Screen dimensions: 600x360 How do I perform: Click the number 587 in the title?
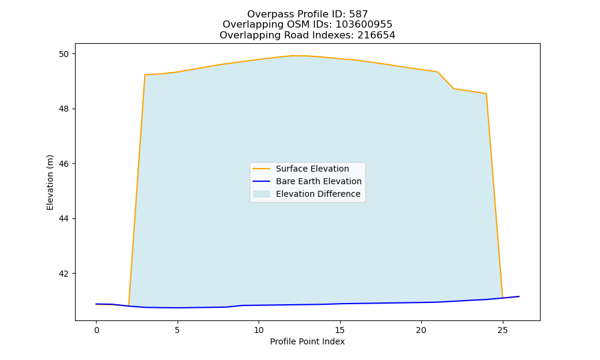pos(358,14)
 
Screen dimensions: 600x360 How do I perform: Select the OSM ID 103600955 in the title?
pos(364,25)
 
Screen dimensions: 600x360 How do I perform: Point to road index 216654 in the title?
pos(376,35)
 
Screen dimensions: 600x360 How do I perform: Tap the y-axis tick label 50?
pos(64,54)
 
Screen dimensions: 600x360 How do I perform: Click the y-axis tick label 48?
pos(64,109)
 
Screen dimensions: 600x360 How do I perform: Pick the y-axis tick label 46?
pos(64,164)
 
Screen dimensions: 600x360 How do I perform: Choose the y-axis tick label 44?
pos(64,219)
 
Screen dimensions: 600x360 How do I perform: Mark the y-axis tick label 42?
pos(64,274)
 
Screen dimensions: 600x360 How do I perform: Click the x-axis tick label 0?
pos(97,330)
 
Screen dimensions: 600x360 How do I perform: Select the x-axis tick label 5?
pos(177,330)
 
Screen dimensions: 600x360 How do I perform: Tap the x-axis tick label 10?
pos(259,330)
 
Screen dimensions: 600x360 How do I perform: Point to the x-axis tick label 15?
pos(340,330)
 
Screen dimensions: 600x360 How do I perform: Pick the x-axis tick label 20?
pos(421,330)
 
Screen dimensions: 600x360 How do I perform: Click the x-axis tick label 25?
pos(502,330)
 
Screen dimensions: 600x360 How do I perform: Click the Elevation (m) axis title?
pos(50,182)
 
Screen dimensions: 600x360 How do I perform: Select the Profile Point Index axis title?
pos(307,341)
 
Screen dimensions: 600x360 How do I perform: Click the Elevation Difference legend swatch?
pos(262,194)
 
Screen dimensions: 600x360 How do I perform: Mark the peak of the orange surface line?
pos(292,56)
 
